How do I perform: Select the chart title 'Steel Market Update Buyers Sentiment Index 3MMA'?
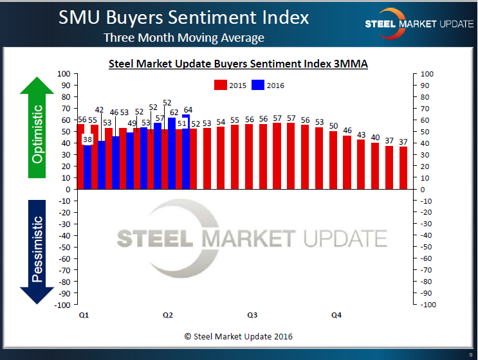(238, 64)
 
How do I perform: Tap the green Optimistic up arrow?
(38, 129)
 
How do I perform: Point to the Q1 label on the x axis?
(84, 315)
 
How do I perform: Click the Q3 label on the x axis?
(252, 315)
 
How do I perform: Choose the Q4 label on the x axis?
(336, 315)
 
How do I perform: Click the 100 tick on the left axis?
(64, 74)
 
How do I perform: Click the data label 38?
(87, 139)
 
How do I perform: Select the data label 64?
(188, 109)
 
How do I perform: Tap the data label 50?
(333, 125)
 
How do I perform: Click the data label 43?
(362, 134)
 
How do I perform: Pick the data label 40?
(376, 137)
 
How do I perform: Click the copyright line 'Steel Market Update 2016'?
(238, 336)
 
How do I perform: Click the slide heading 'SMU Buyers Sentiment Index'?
(183, 17)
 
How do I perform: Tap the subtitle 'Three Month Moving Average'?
(184, 38)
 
